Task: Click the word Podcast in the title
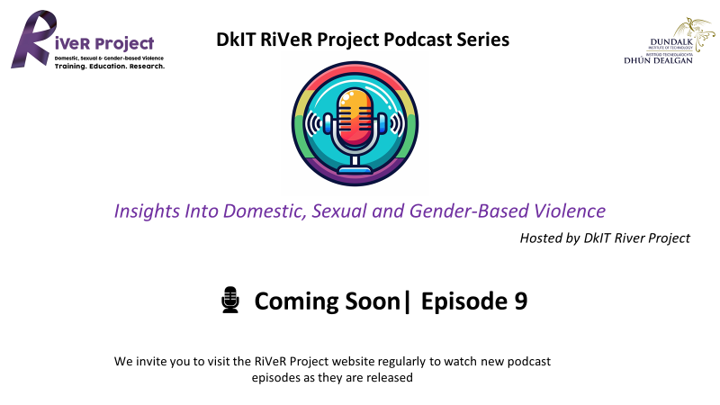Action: pos(418,40)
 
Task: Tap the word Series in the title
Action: pos(482,40)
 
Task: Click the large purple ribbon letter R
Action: pos(33,39)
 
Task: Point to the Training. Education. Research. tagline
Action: pos(109,66)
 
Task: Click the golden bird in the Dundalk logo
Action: pos(695,33)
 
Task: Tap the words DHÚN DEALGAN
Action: pos(658,60)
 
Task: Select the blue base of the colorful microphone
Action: pos(355,169)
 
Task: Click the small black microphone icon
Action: pos(230,300)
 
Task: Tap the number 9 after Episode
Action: pos(521,301)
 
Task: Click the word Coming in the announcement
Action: pos(296,301)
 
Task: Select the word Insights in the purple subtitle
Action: pos(147,211)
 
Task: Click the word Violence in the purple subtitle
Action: pos(569,211)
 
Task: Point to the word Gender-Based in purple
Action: pos(468,211)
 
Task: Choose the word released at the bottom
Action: pos(391,377)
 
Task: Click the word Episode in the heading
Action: pos(464,301)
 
